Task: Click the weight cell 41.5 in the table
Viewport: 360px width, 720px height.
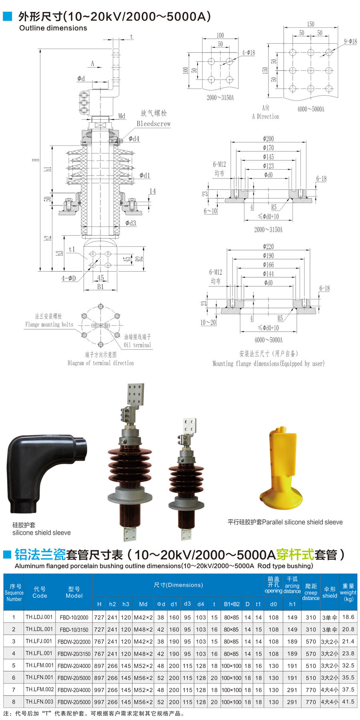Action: point(348,702)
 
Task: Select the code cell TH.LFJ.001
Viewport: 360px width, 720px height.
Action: point(39,641)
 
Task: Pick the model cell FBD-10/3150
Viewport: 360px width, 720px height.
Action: point(74,629)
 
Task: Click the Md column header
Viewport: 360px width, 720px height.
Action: point(143,604)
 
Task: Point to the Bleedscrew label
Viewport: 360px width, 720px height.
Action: point(154,124)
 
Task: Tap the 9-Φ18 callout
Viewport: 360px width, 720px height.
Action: point(350,41)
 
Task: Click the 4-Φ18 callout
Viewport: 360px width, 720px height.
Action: point(248,52)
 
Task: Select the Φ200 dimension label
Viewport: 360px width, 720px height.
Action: point(268,138)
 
